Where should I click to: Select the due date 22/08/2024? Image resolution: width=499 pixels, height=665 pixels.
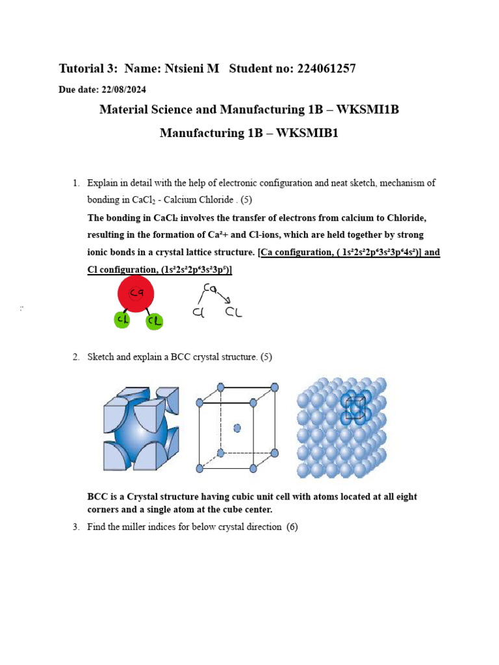click(x=125, y=89)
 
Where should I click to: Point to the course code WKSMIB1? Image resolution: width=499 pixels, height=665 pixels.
click(x=308, y=133)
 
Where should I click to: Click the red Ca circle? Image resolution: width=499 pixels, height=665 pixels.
click(x=136, y=294)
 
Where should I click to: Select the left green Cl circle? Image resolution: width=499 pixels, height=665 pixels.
click(x=122, y=320)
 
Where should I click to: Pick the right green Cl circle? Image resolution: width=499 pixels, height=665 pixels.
click(x=155, y=321)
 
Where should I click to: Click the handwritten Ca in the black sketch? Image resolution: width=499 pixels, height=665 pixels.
click(x=209, y=288)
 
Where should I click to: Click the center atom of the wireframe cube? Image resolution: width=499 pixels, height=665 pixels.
click(x=237, y=428)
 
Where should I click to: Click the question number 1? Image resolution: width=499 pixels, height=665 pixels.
click(x=75, y=183)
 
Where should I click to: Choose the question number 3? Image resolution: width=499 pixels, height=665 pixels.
click(x=75, y=527)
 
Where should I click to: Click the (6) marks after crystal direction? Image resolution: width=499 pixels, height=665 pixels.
click(x=292, y=527)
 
